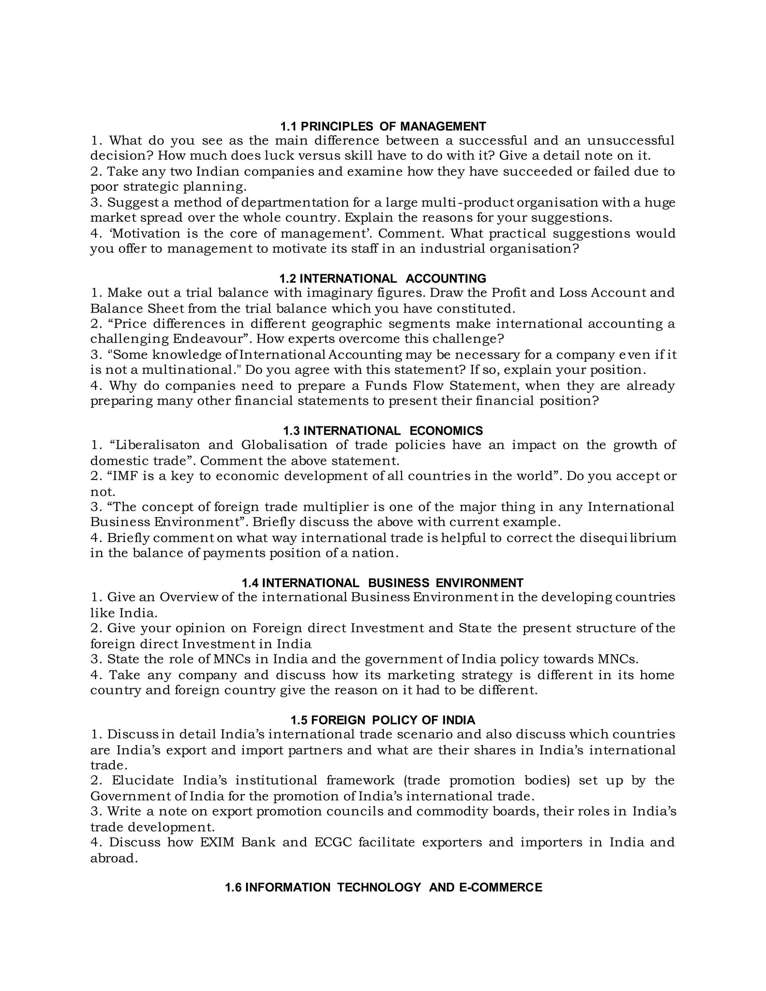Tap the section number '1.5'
(299, 720)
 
